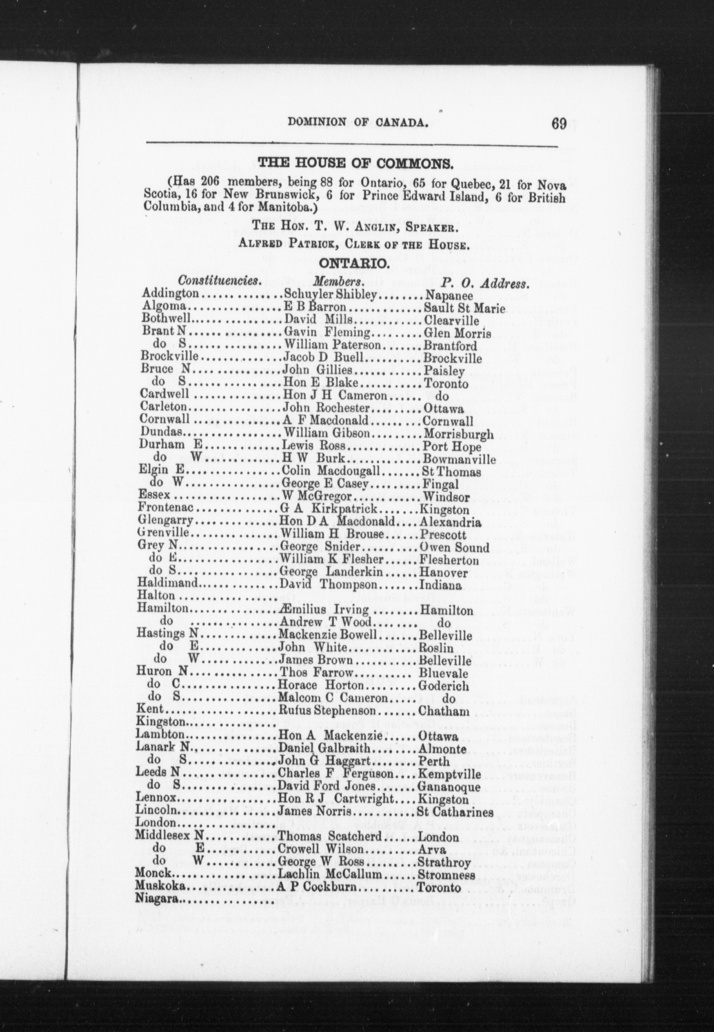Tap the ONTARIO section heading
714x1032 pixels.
[x=354, y=265]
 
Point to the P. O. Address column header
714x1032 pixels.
[x=485, y=284]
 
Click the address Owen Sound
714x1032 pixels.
[x=454, y=548]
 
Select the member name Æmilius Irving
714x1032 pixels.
[x=324, y=610]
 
